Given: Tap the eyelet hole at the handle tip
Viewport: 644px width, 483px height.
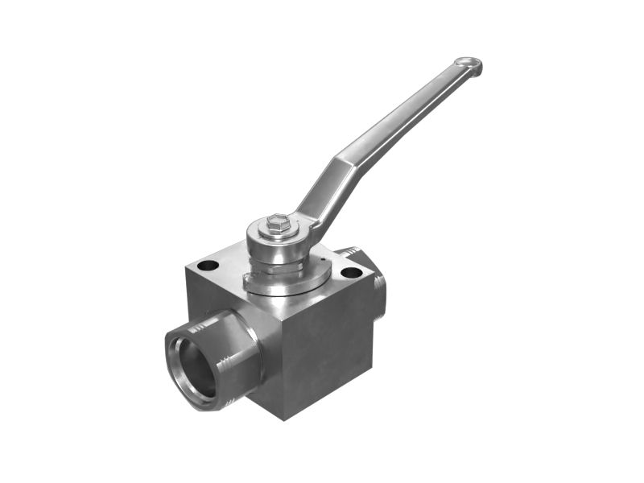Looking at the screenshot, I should point(468,64).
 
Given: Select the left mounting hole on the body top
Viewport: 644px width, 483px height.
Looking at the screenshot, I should point(208,265).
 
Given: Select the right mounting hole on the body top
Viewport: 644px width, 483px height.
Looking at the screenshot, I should point(351,273).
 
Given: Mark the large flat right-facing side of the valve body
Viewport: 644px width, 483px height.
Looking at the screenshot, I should point(322,346).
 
